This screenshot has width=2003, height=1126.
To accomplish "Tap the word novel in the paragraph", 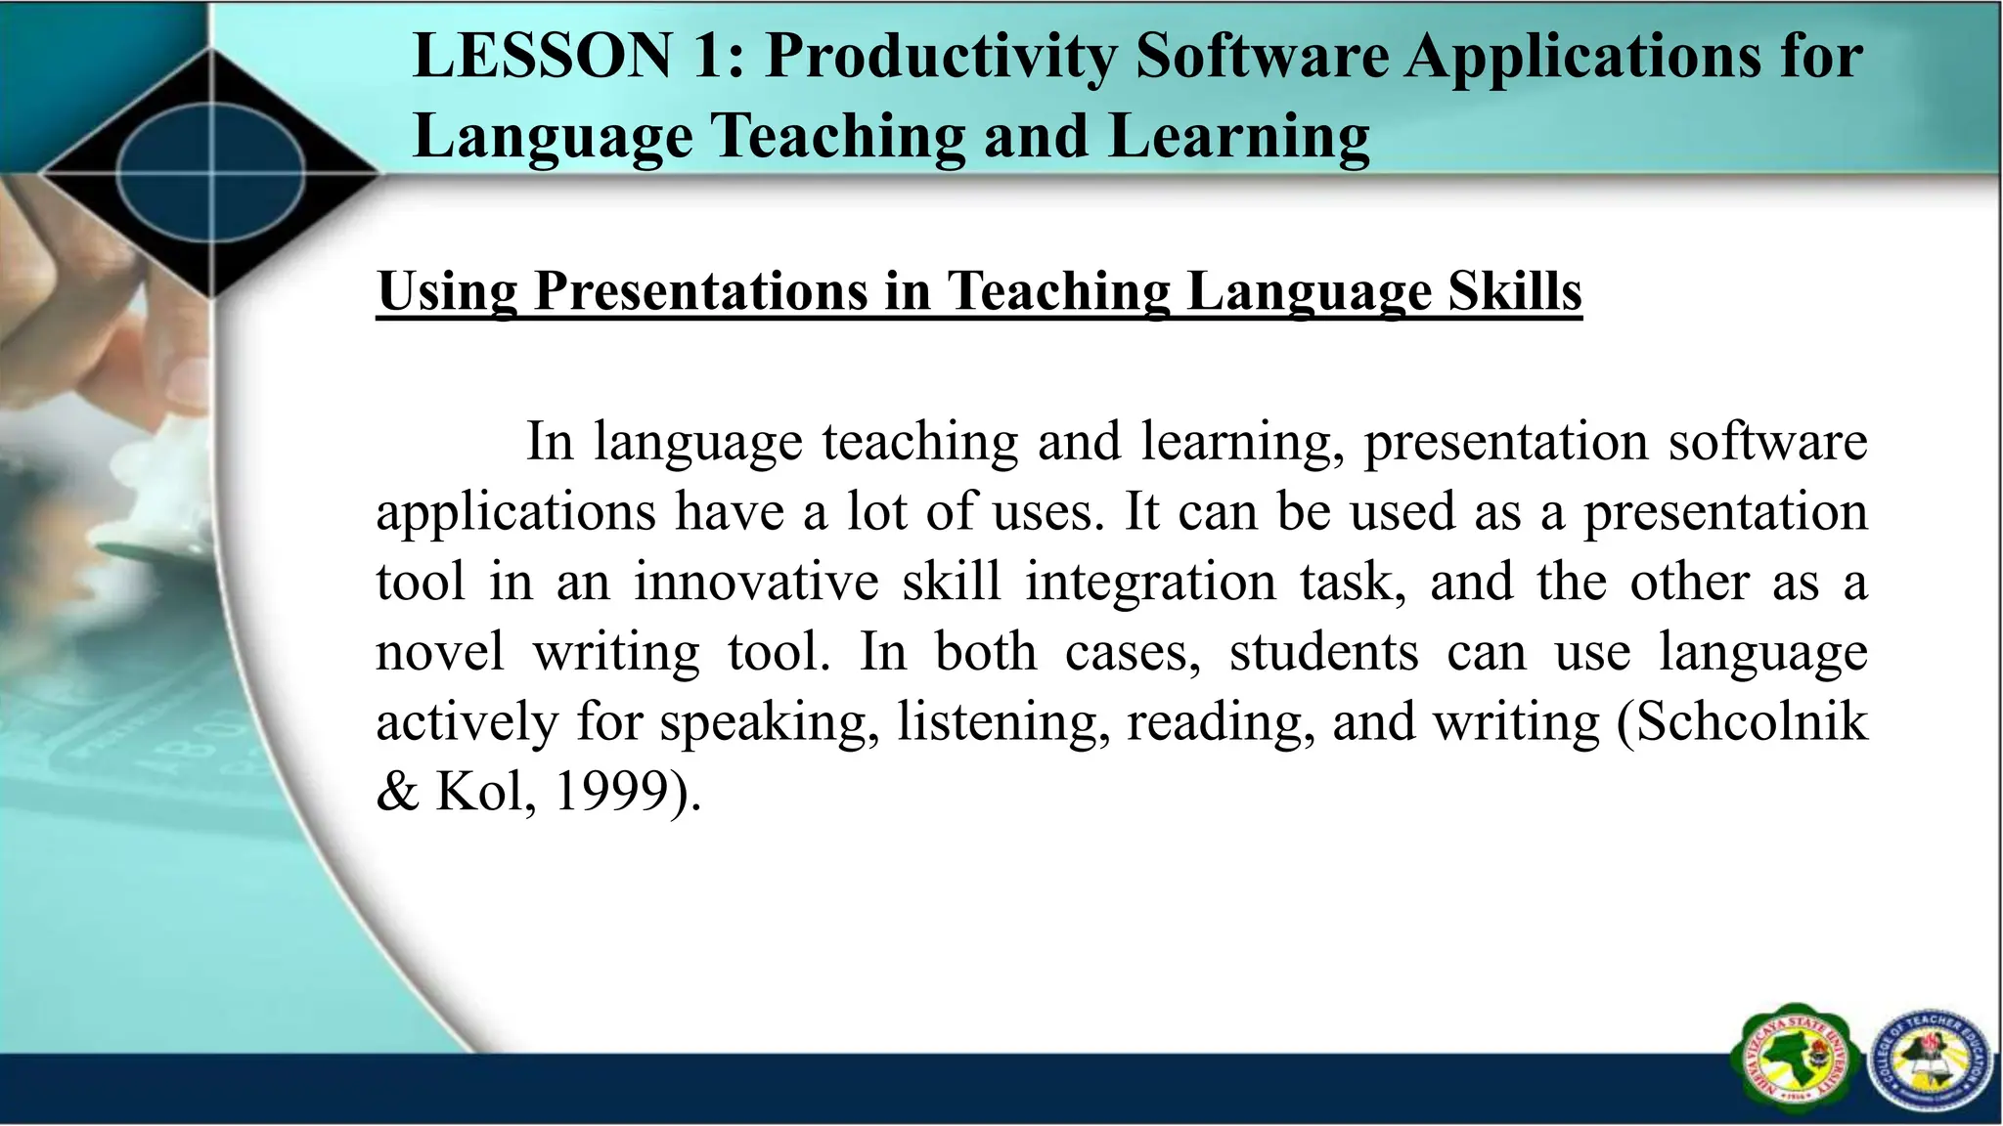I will click(x=440, y=652).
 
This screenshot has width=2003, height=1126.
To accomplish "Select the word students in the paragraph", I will click(x=1323, y=652).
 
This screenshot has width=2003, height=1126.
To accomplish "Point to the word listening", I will click(x=1003, y=724).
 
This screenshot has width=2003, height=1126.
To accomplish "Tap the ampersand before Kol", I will click(x=397, y=792).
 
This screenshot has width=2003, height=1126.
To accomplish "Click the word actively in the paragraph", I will click(x=466, y=724).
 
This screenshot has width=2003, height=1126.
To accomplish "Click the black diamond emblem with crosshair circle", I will click(x=210, y=174).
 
